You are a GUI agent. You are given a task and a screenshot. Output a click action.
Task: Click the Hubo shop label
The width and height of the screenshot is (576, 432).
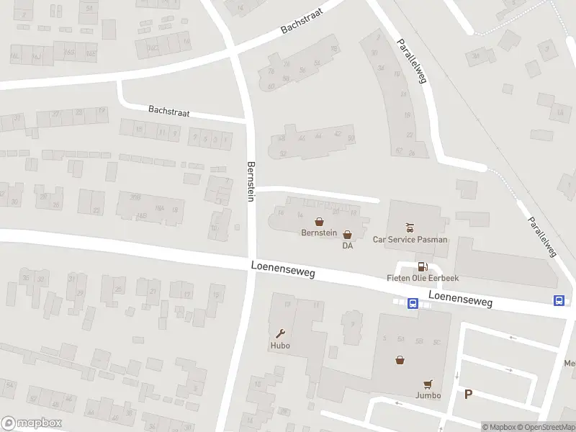pyautogui.click(x=279, y=346)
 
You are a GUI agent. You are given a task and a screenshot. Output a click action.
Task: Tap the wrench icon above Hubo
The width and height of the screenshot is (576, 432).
pyautogui.click(x=280, y=333)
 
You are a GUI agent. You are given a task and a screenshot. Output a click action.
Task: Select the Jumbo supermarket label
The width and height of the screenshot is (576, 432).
pyautogui.click(x=428, y=396)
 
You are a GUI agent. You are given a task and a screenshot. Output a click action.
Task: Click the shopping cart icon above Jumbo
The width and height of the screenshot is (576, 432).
pyautogui.click(x=428, y=384)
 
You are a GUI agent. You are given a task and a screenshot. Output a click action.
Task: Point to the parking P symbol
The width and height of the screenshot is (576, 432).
pyautogui.click(x=469, y=394)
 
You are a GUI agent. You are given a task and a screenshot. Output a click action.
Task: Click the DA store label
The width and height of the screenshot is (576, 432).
pyautogui.click(x=348, y=246)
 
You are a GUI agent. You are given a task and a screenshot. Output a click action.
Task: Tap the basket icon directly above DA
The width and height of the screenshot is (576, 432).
pyautogui.click(x=348, y=235)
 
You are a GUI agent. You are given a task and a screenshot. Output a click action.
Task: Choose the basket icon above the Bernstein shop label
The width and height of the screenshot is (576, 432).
pyautogui.click(x=319, y=222)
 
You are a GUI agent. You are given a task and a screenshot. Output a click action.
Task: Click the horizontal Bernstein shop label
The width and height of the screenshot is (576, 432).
pyautogui.click(x=319, y=234)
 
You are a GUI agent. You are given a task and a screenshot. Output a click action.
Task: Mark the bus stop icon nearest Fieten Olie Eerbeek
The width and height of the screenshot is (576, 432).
pyautogui.click(x=413, y=303)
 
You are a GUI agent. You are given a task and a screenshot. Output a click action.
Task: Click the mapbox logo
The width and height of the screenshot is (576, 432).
pyautogui.click(x=32, y=423)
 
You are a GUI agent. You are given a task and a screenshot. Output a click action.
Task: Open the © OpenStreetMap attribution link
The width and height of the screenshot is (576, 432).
pyautogui.click(x=546, y=427)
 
